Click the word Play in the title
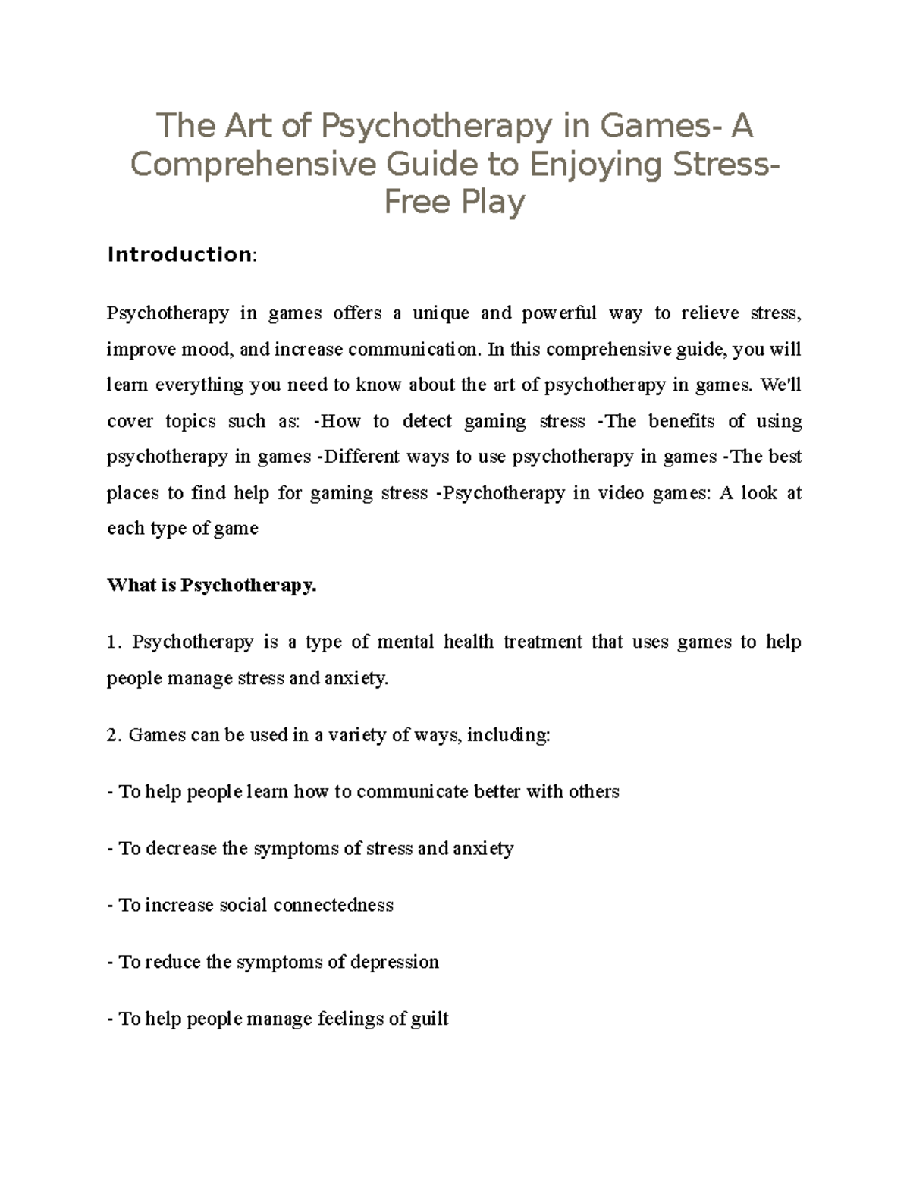492,202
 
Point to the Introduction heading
180,254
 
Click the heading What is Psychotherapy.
212,586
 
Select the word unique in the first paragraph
441,313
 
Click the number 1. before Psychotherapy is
114,642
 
